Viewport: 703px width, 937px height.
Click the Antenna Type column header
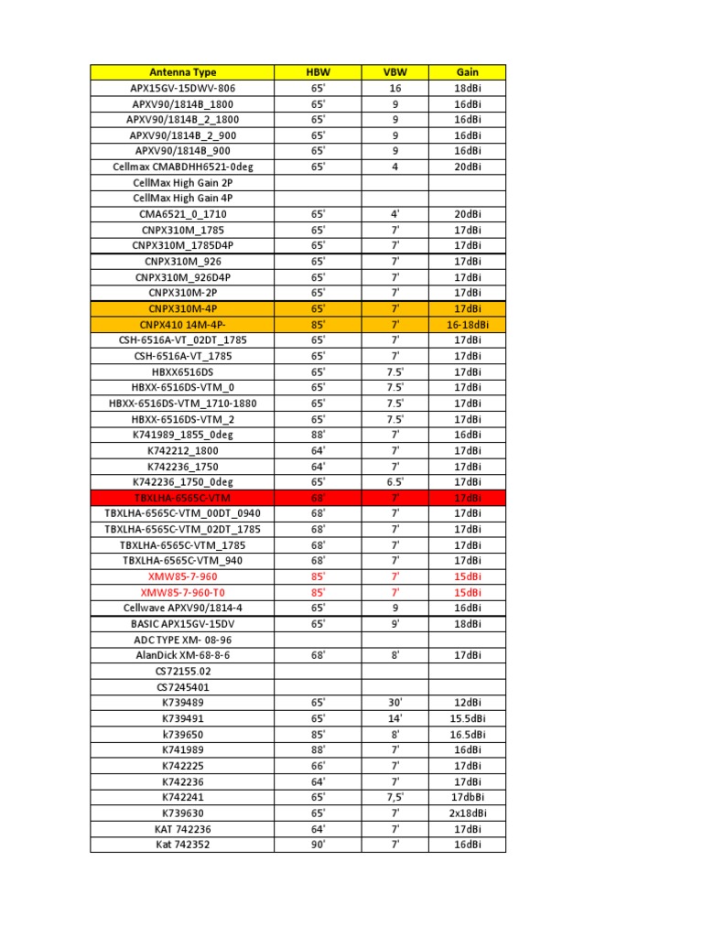182,72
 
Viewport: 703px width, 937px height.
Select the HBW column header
318,72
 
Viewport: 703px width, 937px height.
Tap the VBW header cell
395,72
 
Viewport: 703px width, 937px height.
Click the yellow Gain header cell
467,72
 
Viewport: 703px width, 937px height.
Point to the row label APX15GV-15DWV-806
182,88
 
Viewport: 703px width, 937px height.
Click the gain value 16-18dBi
467,324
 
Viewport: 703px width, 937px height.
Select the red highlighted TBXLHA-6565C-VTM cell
182,498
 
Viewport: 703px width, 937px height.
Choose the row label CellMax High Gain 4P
182,198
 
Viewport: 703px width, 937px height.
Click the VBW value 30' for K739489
395,703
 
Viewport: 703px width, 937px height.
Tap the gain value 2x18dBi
467,813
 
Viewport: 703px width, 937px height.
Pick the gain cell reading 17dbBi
467,797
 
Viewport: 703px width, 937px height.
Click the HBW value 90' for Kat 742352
318,845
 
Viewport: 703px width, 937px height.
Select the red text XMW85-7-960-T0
182,592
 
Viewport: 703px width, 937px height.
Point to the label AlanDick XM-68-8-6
182,655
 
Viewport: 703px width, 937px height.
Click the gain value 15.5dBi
467,718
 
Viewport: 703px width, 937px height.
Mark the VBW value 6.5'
395,482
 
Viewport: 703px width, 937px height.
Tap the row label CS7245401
182,686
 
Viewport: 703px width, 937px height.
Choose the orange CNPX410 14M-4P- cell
182,324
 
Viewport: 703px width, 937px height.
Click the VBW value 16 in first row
395,88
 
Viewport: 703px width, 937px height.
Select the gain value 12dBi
467,703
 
